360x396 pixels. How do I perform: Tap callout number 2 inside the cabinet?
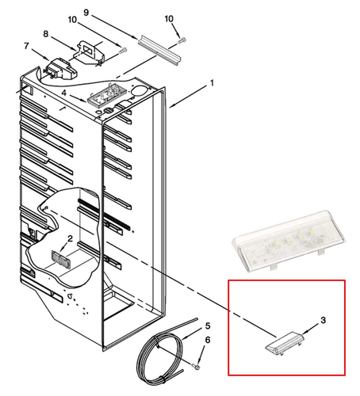click(x=70, y=238)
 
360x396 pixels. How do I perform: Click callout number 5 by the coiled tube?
click(x=208, y=326)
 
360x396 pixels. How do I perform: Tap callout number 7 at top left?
click(x=29, y=47)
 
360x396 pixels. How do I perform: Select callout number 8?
click(x=45, y=34)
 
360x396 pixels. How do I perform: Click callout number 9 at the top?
click(x=108, y=12)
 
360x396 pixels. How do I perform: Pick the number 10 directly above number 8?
click(x=73, y=19)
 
